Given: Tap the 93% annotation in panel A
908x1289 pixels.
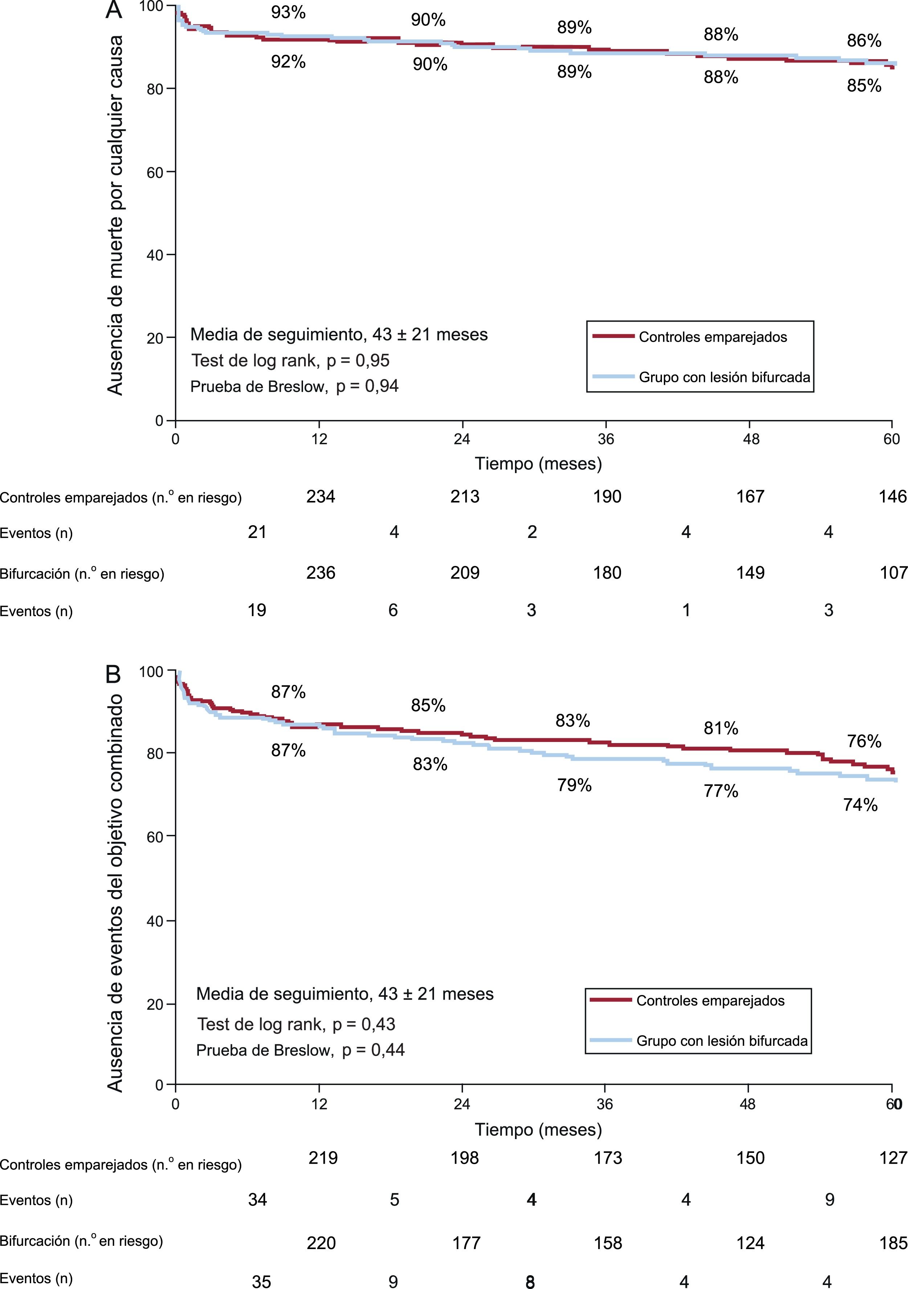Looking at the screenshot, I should pyautogui.click(x=289, y=12).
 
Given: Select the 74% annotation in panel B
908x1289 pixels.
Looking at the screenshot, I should pyautogui.click(x=860, y=805).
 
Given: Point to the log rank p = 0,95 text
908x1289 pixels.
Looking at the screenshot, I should pyautogui.click(x=290, y=360).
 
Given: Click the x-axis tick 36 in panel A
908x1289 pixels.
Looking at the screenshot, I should pyautogui.click(x=606, y=439).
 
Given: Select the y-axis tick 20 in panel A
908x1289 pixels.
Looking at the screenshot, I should pyautogui.click(x=155, y=338).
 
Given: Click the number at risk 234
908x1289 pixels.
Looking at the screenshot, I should pyautogui.click(x=320, y=496).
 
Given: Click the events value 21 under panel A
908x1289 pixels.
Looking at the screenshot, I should pyautogui.click(x=257, y=532).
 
